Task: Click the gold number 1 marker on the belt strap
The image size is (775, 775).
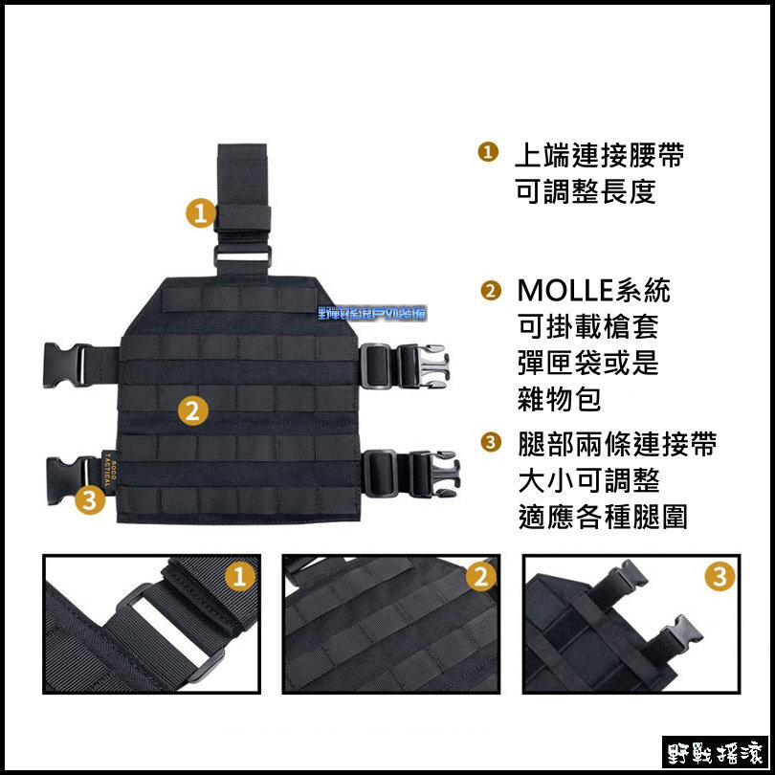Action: (199, 212)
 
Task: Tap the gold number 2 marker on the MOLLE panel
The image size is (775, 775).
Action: (192, 411)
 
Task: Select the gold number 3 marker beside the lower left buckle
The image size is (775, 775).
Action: (89, 498)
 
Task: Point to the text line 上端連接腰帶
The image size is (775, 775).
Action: (599, 155)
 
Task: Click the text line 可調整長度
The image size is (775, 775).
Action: (585, 191)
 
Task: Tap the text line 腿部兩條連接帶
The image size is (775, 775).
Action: (615, 444)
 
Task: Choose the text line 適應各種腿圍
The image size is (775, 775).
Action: (601, 517)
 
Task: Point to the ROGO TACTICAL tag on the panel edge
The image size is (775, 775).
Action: (107, 468)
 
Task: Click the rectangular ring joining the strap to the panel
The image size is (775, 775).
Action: (242, 256)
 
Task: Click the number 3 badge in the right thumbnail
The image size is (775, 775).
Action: (719, 577)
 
